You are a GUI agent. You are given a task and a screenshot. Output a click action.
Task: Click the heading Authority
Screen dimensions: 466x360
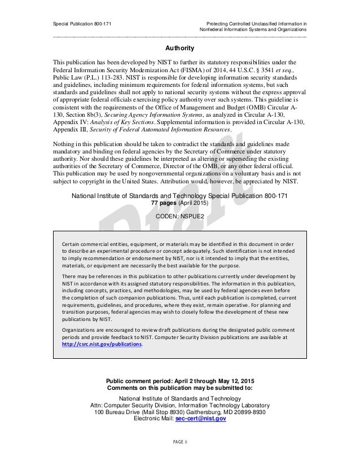[179, 49]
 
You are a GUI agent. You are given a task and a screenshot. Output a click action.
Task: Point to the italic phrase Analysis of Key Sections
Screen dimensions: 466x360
[132, 120]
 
